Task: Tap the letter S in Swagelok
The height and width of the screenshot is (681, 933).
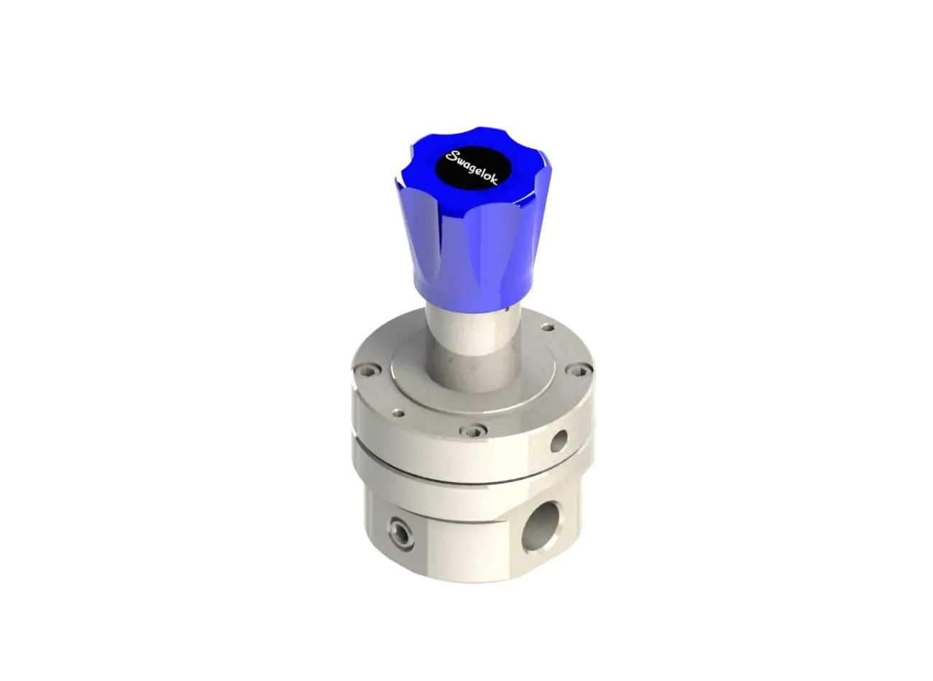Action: [451, 156]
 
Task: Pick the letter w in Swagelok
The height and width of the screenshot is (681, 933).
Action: [458, 158]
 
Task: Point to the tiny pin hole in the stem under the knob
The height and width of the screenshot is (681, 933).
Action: [507, 310]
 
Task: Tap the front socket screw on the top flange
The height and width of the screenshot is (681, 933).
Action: [469, 431]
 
